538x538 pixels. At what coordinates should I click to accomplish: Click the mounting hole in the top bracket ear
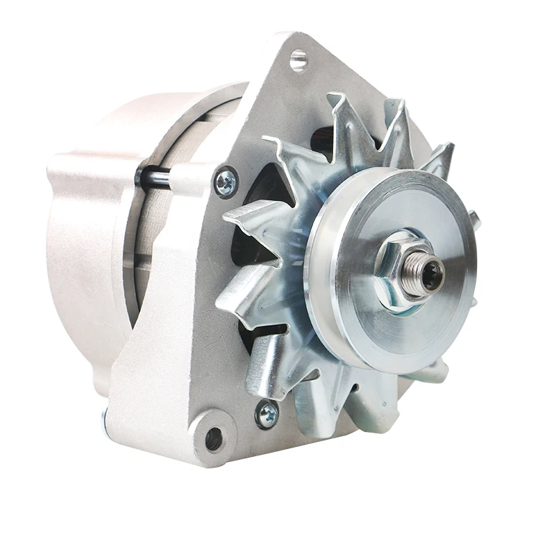point(298,60)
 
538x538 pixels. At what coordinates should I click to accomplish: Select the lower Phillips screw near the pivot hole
point(267,414)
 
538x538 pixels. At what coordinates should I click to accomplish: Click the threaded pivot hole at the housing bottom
point(213,438)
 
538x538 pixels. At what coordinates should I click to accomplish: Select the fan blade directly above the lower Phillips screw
point(269,366)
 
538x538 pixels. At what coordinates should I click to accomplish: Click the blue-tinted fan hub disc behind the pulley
point(301,237)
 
